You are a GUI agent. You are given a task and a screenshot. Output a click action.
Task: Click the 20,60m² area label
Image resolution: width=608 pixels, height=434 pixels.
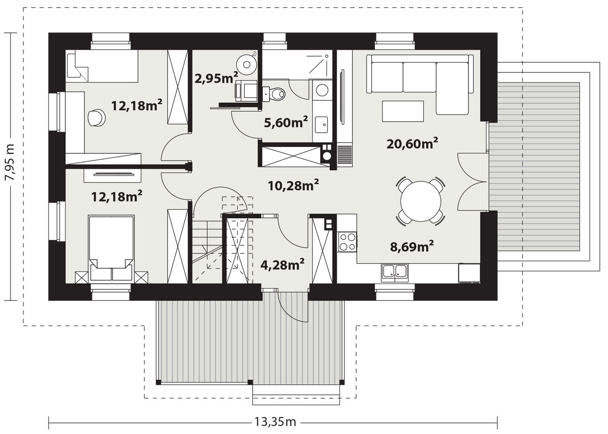click(x=412, y=143)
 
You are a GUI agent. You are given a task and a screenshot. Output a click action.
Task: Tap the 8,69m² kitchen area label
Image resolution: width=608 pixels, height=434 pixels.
click(x=412, y=246)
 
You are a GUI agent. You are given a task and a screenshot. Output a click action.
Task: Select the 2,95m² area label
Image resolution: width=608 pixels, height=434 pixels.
click(x=216, y=78)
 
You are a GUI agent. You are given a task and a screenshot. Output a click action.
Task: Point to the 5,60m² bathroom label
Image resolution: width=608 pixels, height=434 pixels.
click(x=286, y=122)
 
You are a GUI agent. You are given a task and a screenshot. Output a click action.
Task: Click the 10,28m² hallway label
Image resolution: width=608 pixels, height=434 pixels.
click(x=293, y=185)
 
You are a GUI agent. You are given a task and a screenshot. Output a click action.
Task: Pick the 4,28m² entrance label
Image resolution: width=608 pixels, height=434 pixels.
click(x=282, y=265)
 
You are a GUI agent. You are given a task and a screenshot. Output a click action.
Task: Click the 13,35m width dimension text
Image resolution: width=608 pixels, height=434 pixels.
click(x=275, y=422)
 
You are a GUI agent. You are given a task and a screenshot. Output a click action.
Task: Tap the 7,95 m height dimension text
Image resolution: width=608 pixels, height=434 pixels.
click(x=12, y=166)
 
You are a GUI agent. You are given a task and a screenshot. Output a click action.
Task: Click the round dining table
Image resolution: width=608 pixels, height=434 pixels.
click(x=420, y=202)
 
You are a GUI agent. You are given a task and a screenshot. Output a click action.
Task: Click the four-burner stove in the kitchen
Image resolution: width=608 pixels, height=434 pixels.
click(x=347, y=242)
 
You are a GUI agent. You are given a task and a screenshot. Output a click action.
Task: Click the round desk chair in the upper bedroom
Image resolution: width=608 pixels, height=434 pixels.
click(x=96, y=118)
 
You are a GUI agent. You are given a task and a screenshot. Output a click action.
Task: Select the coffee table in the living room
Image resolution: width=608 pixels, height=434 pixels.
click(x=403, y=111)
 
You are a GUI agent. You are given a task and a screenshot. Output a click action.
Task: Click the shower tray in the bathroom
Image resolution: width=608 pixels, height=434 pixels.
click(x=297, y=65)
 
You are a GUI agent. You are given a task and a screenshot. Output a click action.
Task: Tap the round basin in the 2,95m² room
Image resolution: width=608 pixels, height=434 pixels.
click(x=246, y=65)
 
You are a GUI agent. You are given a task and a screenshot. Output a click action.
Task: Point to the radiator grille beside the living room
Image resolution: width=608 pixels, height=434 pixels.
click(x=345, y=155)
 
